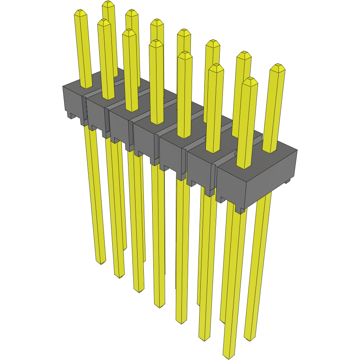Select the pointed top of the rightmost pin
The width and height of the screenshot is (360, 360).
click(279, 67)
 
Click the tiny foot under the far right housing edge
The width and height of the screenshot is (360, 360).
click(287, 181)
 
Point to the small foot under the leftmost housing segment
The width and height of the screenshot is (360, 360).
click(72, 115)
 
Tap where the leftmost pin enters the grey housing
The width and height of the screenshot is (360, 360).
click(87, 87)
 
